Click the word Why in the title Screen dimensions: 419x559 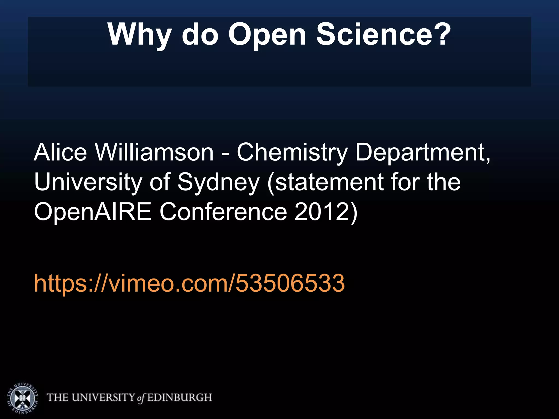139,35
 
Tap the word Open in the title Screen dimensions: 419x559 267,35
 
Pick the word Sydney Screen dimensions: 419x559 218,183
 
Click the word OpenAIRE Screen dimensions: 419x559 93,212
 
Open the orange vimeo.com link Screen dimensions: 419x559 189,283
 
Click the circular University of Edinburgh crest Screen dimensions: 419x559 22,397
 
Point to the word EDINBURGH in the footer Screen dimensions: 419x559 180,397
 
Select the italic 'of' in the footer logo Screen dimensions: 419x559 140,398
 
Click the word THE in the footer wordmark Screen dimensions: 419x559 58,397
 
